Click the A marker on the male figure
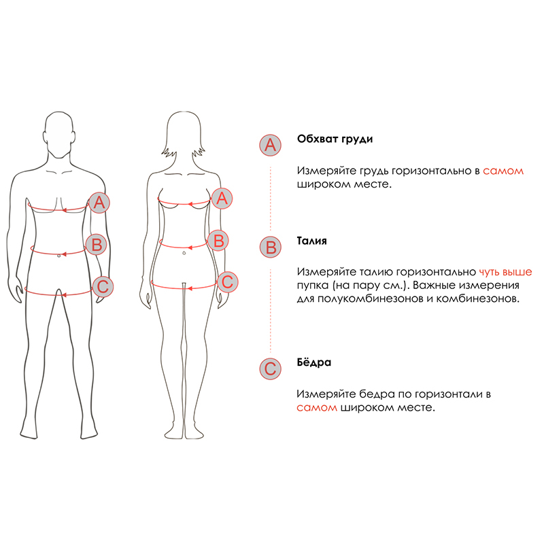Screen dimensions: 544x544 click(x=99, y=203)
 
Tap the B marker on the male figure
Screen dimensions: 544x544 click(x=97, y=244)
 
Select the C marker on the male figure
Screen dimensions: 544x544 click(x=103, y=286)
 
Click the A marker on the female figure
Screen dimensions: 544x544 click(x=222, y=199)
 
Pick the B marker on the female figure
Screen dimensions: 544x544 click(x=218, y=241)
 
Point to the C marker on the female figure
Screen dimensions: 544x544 click(x=227, y=282)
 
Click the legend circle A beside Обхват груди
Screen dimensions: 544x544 click(x=270, y=145)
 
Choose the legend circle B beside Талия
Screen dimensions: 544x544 click(x=270, y=247)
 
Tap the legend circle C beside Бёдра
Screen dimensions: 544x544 click(x=270, y=369)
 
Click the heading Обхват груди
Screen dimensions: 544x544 click(x=335, y=139)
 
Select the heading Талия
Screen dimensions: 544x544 click(x=311, y=241)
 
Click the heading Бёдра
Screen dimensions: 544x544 click(x=314, y=362)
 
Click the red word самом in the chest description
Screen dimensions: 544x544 click(x=503, y=171)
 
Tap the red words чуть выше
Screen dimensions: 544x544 click(x=505, y=271)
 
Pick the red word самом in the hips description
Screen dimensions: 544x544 click(x=317, y=407)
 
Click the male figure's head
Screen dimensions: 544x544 click(x=59, y=135)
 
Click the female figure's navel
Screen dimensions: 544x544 click(x=184, y=253)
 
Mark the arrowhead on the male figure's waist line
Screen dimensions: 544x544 click(x=63, y=254)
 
